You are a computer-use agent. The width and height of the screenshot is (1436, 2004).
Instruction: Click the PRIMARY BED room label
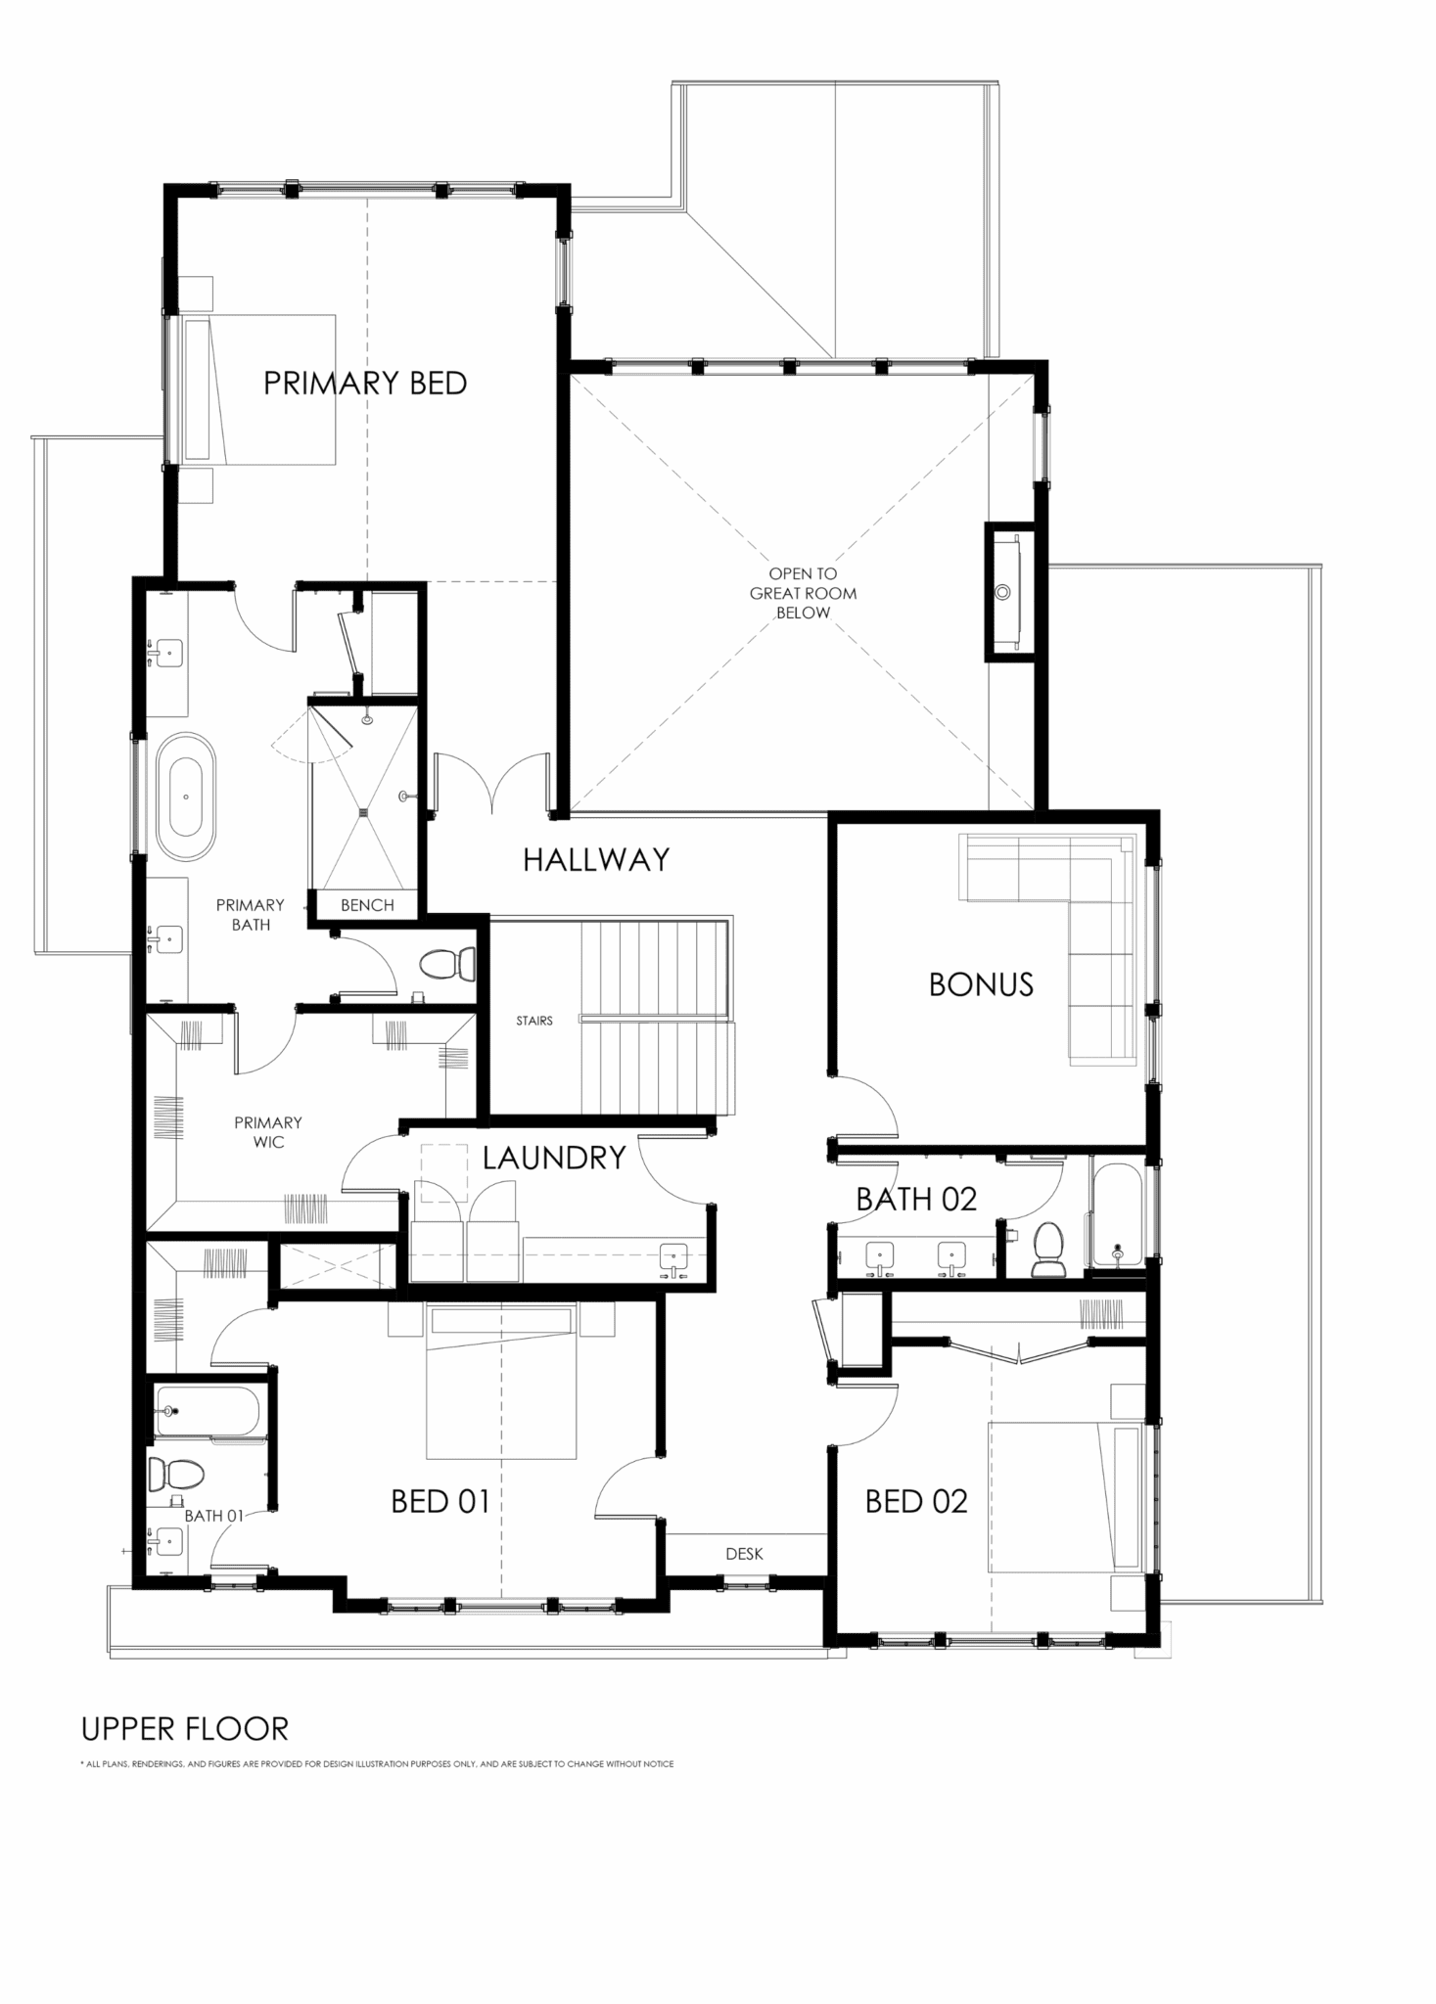[x=365, y=384]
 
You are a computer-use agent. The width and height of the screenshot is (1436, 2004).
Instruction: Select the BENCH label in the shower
[x=367, y=905]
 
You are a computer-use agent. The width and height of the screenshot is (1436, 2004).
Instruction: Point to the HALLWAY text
[x=596, y=859]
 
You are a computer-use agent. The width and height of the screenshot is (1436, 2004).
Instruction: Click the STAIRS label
[x=534, y=1021]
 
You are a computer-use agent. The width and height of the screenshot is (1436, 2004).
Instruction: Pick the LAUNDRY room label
[x=554, y=1158]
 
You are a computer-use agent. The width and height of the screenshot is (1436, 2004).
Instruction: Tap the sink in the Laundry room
[x=674, y=1258]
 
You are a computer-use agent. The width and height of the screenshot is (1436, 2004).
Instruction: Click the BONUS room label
[x=981, y=984]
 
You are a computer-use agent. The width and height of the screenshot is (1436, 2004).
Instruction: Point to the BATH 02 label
[x=916, y=1200]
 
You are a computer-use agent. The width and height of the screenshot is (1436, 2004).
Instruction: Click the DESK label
[x=744, y=1553]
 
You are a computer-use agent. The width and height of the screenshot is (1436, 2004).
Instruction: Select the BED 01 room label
[x=440, y=1501]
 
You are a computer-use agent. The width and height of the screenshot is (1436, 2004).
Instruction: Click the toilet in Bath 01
[x=176, y=1472]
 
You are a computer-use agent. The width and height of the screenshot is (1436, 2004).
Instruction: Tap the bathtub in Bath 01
[x=207, y=1411]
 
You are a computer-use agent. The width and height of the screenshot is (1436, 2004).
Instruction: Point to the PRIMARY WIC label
[x=268, y=1132]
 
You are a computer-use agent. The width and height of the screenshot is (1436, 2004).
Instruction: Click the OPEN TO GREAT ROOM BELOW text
[x=803, y=593]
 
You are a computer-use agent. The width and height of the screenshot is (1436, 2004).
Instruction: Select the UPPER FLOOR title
[x=185, y=1729]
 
